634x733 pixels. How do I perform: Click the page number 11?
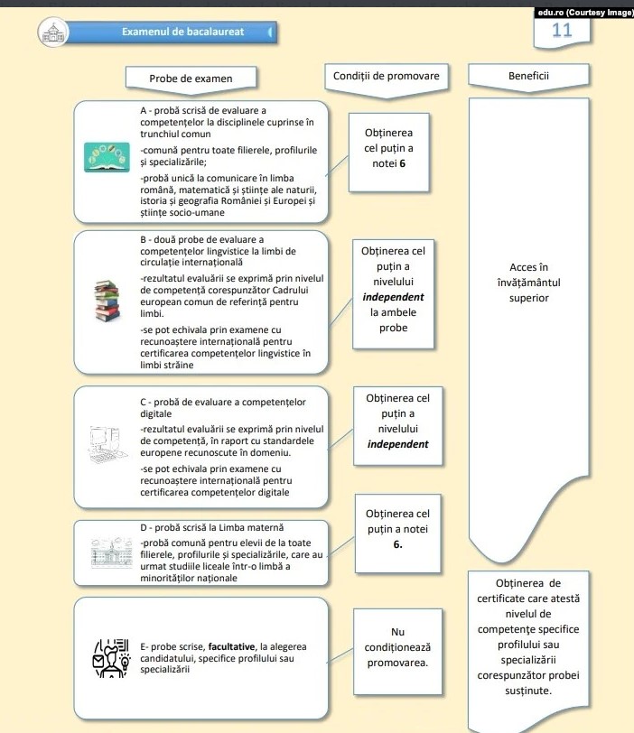click(562, 30)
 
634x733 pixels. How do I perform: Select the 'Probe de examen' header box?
click(191, 79)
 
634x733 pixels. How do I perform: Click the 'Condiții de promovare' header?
click(386, 76)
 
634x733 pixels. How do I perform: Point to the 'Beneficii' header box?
click(528, 76)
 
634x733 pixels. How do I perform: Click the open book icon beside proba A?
click(109, 156)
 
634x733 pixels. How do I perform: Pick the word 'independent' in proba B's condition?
click(393, 296)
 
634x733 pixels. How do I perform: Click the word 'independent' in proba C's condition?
click(397, 444)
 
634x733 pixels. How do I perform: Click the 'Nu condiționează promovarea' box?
click(398, 647)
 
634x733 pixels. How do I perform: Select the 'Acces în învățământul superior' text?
click(528, 282)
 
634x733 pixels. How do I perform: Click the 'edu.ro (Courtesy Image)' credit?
click(584, 13)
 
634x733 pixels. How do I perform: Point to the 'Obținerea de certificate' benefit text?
click(528, 636)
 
